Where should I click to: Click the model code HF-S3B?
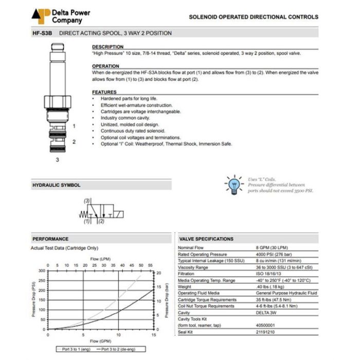coord(43,33)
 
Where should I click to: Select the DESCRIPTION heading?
coord(108,47)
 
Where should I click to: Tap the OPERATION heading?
coord(105,66)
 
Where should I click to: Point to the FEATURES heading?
coord(104,92)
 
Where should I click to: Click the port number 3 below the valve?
coord(58,160)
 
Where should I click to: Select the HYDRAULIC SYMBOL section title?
coord(57,185)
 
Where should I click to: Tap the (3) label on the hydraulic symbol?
coord(87,200)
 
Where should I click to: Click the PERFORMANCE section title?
coord(50,239)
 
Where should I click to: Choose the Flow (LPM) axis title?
coord(101,258)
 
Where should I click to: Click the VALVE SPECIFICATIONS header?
coord(206,239)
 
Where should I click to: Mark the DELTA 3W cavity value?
coord(267,313)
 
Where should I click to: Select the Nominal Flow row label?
coord(191,248)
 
